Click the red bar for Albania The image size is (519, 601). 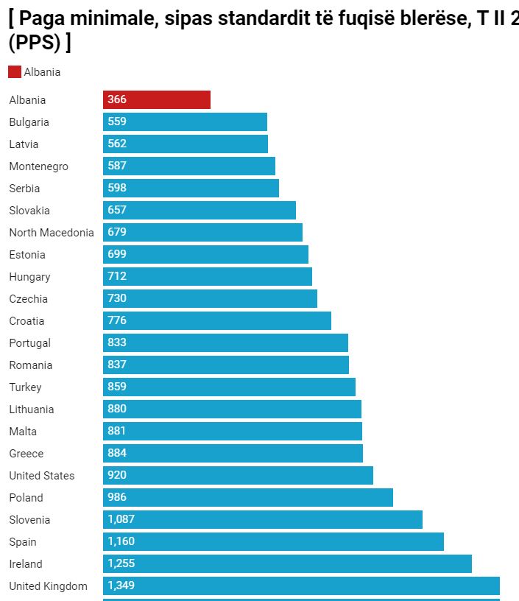tap(157, 100)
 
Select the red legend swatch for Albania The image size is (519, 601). tap(15, 72)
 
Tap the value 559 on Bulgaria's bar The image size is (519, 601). tap(117, 122)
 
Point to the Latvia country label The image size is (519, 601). tap(24, 144)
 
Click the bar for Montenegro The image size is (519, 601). tap(189, 166)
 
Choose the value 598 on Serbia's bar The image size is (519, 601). tap(117, 188)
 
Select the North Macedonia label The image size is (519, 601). tap(52, 233)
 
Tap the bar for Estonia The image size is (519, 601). tap(205, 255)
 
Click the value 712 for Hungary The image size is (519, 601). tap(117, 276)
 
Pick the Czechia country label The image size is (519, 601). tap(28, 299)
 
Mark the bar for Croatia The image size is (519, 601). tap(217, 321)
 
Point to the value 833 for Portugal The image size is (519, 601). tap(117, 342)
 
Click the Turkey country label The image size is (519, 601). tap(25, 387)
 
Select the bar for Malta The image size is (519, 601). tap(233, 432)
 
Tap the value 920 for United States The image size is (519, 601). tap(117, 475)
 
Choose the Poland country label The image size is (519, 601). tap(26, 498)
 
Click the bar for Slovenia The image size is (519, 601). tap(263, 520)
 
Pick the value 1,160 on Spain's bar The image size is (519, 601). tap(121, 541)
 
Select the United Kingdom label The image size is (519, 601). tap(48, 586)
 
